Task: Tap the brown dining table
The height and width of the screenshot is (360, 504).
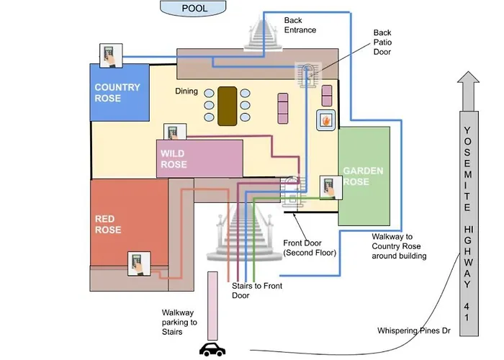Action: click(x=227, y=106)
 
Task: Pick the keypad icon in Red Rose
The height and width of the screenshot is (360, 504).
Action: click(x=137, y=264)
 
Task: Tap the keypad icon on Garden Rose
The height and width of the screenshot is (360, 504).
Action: click(x=330, y=187)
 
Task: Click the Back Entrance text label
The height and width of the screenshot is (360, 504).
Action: click(x=300, y=25)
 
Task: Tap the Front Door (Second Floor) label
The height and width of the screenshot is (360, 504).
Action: click(x=310, y=248)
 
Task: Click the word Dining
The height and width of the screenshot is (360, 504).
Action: click(x=187, y=91)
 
